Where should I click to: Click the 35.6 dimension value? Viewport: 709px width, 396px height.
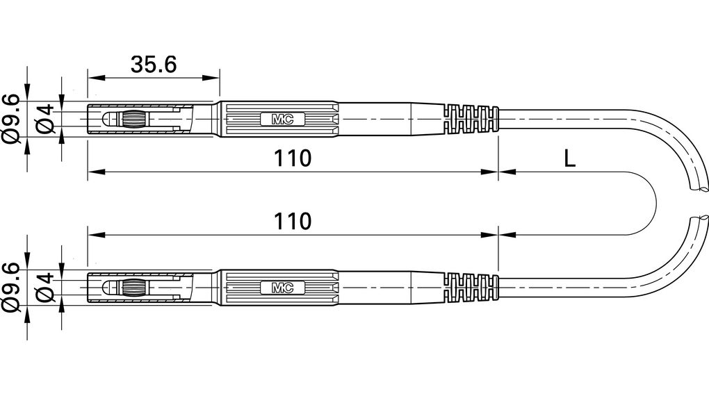(x=154, y=64)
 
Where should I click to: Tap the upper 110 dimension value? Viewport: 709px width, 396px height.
(x=291, y=158)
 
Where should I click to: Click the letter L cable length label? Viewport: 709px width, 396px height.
(x=569, y=158)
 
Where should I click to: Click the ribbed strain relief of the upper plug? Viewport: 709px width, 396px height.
(x=471, y=119)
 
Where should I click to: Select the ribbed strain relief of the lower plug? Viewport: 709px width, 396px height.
(x=471, y=287)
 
